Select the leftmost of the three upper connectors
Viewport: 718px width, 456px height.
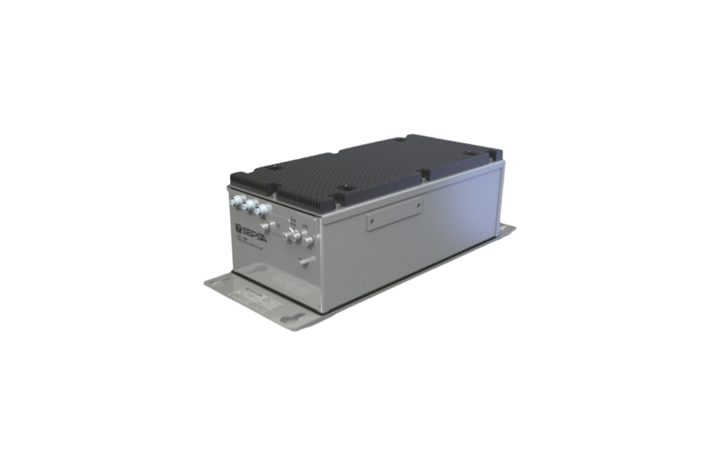tap(234, 201)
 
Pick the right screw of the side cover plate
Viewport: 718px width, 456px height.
tap(419, 206)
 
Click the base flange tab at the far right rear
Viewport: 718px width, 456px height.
tap(510, 227)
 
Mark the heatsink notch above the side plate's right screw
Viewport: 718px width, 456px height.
tap(423, 172)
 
